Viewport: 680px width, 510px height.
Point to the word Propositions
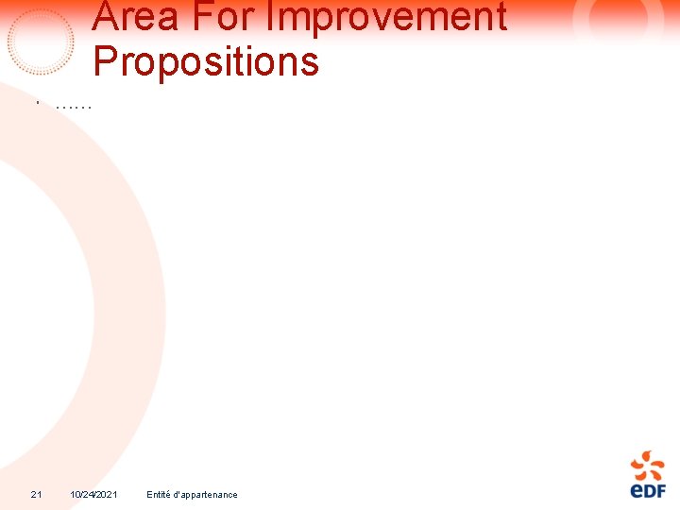point(206,62)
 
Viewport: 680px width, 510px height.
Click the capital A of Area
point(107,16)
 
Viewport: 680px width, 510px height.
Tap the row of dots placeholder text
point(74,106)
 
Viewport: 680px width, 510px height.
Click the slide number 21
point(36,495)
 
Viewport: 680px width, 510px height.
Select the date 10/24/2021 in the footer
point(93,495)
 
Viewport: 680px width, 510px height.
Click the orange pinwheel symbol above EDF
point(648,466)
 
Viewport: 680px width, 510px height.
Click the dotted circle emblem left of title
point(41,42)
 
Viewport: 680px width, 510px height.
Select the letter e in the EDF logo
point(636,491)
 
